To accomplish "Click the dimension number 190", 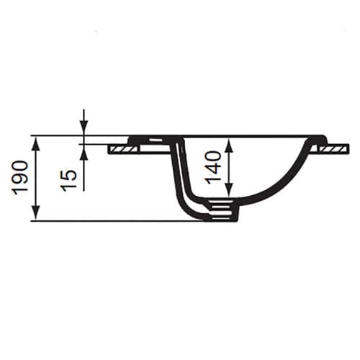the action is pos(20,178).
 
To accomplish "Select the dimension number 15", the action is pos(69,181).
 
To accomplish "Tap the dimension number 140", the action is pos(213,167).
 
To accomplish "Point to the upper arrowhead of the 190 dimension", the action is pos(36,145).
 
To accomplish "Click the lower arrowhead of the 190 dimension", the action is pos(36,212).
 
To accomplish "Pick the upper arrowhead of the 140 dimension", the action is pos(230,146).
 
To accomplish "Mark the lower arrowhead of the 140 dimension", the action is pos(230,189).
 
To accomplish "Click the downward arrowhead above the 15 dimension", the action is pos(84,127).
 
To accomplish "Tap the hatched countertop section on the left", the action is pos(123,149).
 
